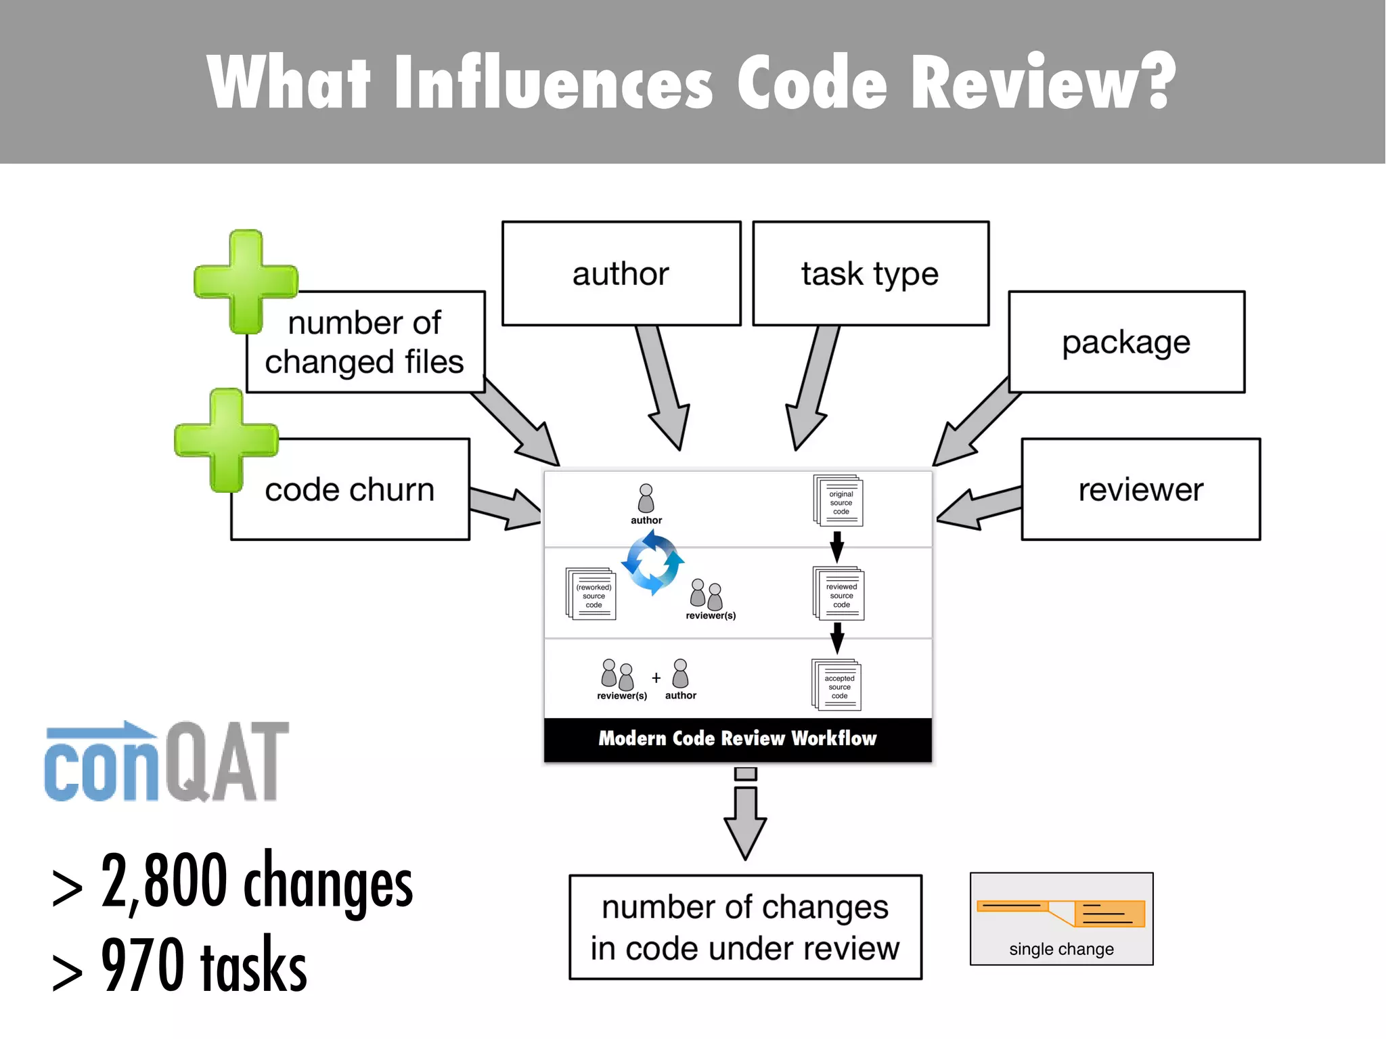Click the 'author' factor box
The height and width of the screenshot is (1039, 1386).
click(621, 273)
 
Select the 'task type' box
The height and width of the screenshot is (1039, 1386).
click(870, 273)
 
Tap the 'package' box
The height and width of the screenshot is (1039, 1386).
click(1126, 342)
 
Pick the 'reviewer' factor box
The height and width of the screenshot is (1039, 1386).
click(1140, 489)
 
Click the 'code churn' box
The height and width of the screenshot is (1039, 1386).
click(350, 489)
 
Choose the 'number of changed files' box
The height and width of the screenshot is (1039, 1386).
click(365, 342)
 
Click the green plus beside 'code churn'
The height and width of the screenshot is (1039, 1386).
click(226, 440)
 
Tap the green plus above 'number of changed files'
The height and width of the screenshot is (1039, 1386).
click(245, 282)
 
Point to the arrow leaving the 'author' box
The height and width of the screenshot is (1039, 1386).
click(663, 386)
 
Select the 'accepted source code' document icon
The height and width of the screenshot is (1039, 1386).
click(837, 685)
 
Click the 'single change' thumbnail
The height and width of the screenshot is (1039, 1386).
click(1061, 919)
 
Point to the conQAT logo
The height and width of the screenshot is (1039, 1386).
click(166, 761)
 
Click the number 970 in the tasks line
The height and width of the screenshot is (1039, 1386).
click(142, 964)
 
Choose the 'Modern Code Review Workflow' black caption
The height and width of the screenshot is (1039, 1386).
click(738, 738)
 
